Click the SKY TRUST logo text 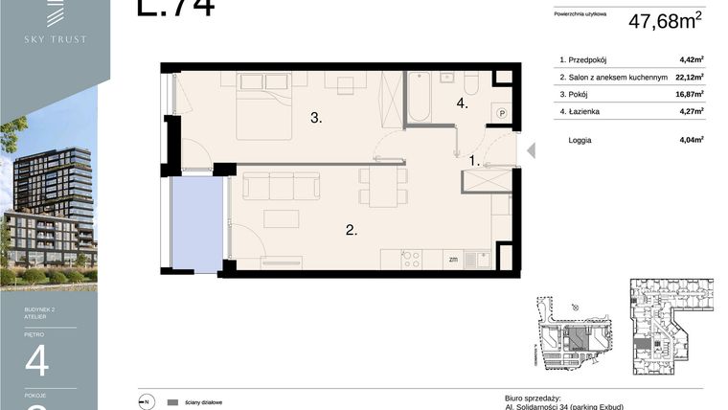point(55,39)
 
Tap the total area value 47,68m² point(665,20)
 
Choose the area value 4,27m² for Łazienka point(691,111)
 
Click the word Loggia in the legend point(580,140)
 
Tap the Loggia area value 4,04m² point(691,140)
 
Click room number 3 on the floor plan point(315,119)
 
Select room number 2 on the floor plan point(352,230)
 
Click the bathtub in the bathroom point(419,98)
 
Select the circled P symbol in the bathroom point(501,113)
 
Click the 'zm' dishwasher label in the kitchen point(452,259)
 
